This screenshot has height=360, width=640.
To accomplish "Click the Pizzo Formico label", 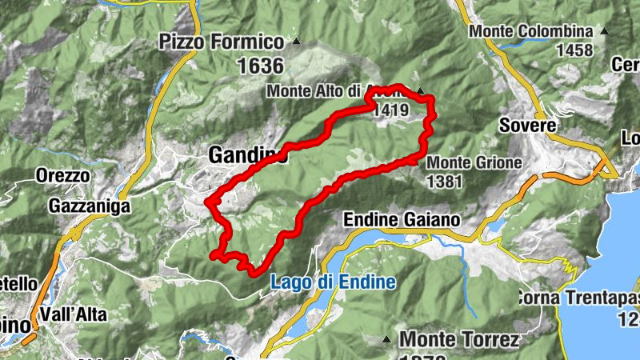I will coord(222,41).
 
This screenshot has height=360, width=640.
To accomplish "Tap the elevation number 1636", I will coord(260,66).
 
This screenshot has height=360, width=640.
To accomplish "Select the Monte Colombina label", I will coord(531,31).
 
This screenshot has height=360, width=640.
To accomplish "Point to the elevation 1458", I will coord(575,50).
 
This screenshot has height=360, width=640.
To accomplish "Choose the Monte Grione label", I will coord(474,162).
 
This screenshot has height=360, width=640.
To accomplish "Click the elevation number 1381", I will coord(445,182).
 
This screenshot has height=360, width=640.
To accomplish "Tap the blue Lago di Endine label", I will coord(332,282).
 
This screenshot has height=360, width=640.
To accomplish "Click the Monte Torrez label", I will coord(459,340).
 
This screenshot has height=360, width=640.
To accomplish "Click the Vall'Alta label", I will coord(77,314).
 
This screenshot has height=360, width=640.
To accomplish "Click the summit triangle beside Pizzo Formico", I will coord(297,41).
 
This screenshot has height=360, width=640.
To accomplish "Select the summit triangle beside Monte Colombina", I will coord(604,32).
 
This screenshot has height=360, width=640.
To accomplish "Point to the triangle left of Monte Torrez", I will coord(387,339).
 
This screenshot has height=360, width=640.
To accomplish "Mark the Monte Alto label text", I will coord(315,91).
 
